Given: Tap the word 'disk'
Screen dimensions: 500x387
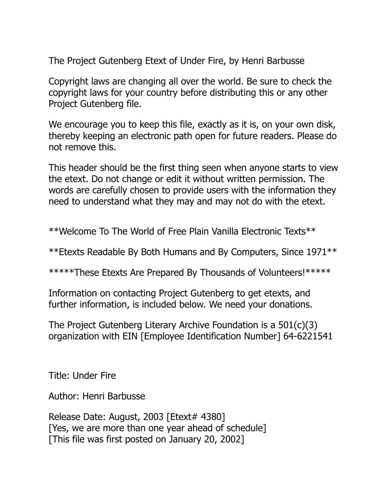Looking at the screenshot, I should pyautogui.click(x=327, y=125).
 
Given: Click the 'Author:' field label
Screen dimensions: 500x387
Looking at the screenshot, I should pyautogui.click(x=64, y=396).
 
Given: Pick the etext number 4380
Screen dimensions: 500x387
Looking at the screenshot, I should pyautogui.click(x=212, y=417).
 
